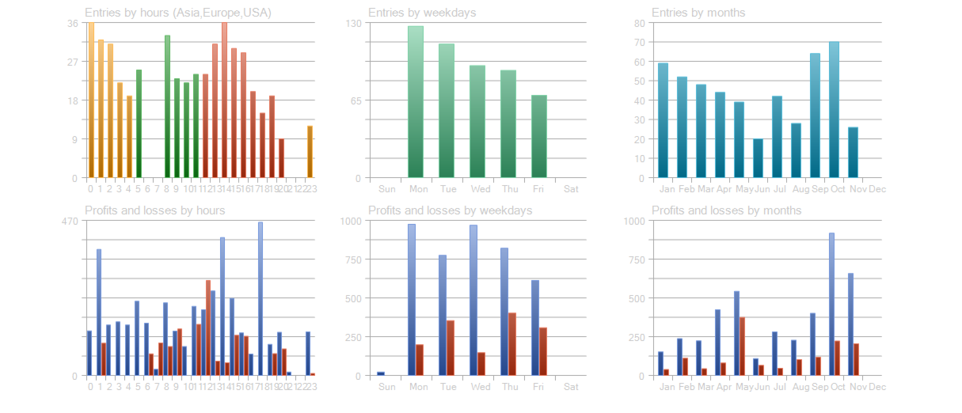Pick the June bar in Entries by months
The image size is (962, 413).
click(758, 158)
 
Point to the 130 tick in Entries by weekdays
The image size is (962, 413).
click(352, 24)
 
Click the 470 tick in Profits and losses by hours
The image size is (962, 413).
click(70, 221)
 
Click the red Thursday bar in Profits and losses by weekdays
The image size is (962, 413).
click(512, 344)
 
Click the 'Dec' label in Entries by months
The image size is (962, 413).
click(877, 190)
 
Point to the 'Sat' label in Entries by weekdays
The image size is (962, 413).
click(571, 190)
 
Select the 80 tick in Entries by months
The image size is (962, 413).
click(638, 24)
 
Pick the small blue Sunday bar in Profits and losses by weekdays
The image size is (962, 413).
click(381, 373)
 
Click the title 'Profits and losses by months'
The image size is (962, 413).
click(726, 210)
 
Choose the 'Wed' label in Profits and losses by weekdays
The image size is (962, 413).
click(481, 388)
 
